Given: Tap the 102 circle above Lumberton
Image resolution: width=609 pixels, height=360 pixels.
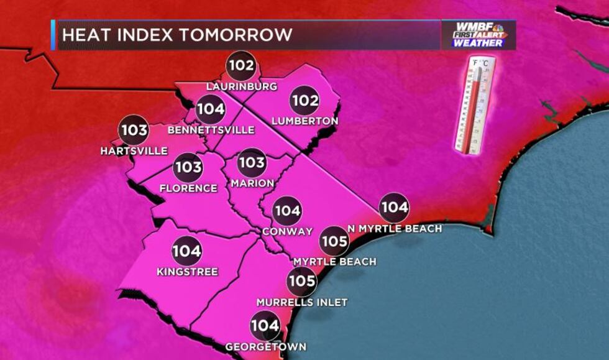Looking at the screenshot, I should (x=304, y=101).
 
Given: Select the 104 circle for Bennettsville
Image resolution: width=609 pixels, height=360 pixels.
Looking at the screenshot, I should (x=211, y=109).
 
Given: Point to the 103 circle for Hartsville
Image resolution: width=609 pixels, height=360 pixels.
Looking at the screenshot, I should (x=134, y=131).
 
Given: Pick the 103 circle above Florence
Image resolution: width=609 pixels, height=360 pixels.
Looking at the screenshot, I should (x=188, y=167).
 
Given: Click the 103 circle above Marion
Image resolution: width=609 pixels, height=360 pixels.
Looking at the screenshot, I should (x=252, y=163).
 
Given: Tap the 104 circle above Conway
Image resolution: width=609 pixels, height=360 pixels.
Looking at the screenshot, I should (x=287, y=211).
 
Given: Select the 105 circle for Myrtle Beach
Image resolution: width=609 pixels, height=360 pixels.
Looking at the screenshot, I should (x=334, y=241).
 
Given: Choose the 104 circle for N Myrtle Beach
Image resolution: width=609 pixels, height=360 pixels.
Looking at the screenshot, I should (x=394, y=208).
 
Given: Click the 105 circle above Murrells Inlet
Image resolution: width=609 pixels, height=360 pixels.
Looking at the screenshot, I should (x=302, y=281).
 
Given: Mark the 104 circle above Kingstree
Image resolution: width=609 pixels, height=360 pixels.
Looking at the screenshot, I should (x=187, y=251).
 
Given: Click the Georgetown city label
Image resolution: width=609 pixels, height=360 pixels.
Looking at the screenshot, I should (x=265, y=346).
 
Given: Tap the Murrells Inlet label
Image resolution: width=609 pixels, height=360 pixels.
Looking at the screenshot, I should (x=302, y=302).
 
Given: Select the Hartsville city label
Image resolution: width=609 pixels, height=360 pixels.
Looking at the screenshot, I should (x=134, y=151).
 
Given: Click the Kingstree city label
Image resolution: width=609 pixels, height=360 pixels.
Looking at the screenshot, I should (x=188, y=272).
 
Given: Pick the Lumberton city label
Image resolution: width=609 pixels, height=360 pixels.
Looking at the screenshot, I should (x=304, y=121).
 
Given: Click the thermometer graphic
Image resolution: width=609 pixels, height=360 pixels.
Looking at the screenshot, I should (x=475, y=104).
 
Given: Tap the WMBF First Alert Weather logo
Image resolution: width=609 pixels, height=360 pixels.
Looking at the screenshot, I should (x=478, y=35).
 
